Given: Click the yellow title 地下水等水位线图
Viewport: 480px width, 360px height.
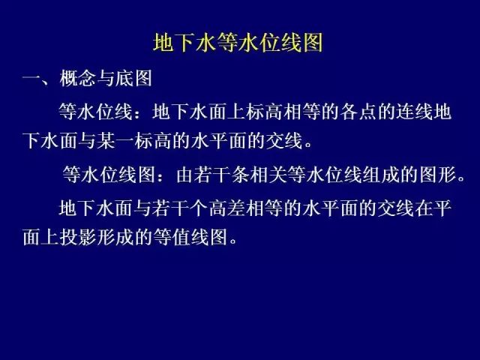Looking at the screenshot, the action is (x=238, y=43).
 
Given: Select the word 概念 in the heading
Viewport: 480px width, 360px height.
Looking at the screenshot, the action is (x=78, y=78).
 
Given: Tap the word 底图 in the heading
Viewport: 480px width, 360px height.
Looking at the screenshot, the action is (x=133, y=78).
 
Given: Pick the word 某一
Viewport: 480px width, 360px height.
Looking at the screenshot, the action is (x=115, y=141).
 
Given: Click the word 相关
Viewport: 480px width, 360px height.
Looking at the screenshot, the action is (x=268, y=175).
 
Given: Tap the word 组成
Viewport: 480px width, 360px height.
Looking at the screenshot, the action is (x=382, y=175).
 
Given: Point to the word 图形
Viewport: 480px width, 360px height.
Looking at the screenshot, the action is (x=438, y=175).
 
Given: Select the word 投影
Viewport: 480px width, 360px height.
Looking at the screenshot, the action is (x=78, y=237).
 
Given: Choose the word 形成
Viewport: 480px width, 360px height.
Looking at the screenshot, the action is (x=115, y=237).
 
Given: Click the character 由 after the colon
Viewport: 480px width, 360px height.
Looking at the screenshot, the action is (x=185, y=175).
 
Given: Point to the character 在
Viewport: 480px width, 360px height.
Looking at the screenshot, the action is (x=424, y=208).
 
